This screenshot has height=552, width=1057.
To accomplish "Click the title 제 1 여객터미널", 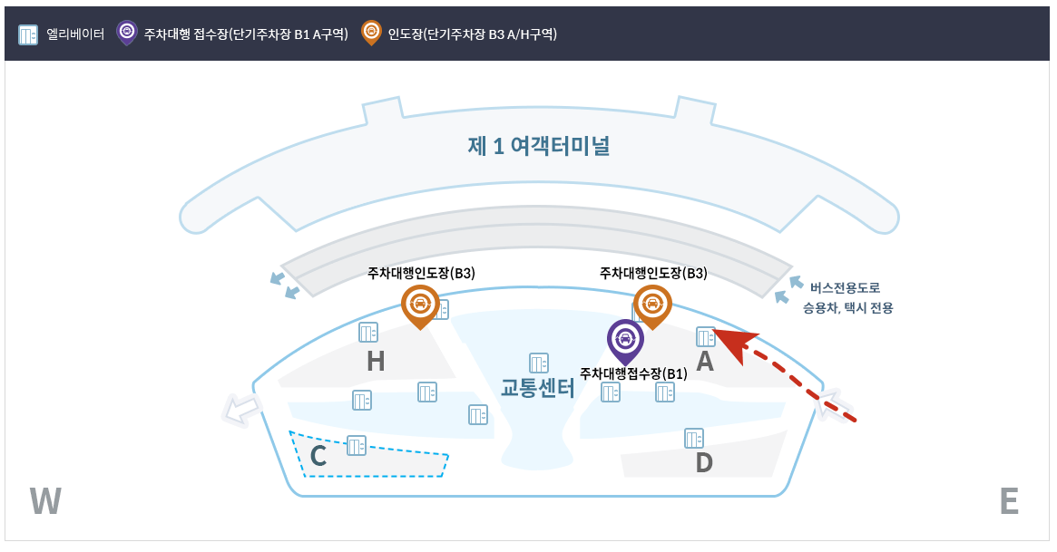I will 538,146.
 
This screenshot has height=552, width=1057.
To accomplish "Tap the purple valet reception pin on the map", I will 624,339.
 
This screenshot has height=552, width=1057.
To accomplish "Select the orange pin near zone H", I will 420,304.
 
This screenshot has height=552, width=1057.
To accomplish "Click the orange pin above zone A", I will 651,304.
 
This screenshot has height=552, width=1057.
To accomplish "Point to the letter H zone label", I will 376,363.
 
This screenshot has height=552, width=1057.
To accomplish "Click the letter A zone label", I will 704,363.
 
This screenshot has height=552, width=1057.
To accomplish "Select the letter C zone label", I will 318,457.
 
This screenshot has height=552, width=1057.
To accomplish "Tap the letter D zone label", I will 704,463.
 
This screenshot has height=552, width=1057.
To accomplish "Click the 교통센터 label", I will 538,390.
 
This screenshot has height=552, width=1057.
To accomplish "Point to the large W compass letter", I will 45,501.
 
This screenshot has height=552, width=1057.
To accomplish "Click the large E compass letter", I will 1008,501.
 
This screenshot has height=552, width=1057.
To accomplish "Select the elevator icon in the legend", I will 28,34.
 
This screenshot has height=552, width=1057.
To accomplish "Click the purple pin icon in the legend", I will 127,33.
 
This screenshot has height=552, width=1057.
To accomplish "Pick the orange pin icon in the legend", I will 370,33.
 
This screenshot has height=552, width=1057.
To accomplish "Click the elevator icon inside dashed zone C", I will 357,445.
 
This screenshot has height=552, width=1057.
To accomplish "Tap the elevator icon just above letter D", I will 695,438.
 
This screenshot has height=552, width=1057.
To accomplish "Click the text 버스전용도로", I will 845,288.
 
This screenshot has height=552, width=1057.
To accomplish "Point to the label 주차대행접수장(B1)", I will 633,373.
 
